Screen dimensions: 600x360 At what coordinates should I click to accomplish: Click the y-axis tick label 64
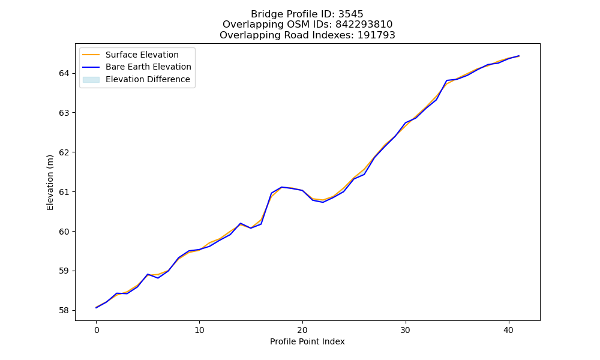point(64,73)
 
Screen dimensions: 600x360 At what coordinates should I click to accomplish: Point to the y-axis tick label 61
point(64,192)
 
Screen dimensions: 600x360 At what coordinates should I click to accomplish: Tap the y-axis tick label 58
point(64,311)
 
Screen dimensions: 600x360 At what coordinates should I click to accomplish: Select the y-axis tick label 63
point(64,113)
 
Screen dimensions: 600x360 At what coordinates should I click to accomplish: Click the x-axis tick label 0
point(97,330)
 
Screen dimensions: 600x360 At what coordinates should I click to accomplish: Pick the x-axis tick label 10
point(199,330)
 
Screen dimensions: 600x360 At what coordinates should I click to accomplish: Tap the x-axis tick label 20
point(302,330)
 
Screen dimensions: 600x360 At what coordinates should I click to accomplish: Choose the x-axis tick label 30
point(406,330)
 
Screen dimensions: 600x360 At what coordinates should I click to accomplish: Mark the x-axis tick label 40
point(509,330)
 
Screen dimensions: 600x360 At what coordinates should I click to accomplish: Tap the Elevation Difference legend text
point(148,79)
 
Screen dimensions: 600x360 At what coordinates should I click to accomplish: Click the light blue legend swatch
point(91,80)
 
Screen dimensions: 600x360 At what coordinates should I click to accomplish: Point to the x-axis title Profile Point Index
point(307,341)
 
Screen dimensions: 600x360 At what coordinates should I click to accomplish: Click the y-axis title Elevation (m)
point(50,182)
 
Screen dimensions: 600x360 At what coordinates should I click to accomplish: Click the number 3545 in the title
point(350,14)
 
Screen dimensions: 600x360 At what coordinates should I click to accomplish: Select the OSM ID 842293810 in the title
point(364,25)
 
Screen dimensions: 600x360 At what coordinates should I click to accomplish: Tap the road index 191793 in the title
point(376,35)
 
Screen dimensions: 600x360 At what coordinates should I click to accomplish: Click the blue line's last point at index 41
point(519,56)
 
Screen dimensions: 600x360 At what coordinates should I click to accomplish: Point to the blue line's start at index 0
point(97,308)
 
